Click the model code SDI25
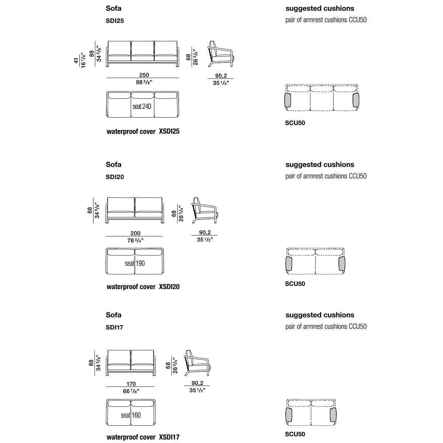(x=115, y=21)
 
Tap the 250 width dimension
(x=144, y=75)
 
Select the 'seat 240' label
(x=142, y=106)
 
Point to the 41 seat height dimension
(x=76, y=61)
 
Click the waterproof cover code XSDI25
(x=169, y=131)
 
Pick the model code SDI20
(x=115, y=177)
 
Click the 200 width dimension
(x=135, y=233)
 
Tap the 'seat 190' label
(x=135, y=263)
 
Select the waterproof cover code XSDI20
(x=169, y=287)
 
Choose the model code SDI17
(x=114, y=327)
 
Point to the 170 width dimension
(x=131, y=384)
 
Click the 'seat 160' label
(x=131, y=415)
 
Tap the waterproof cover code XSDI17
(x=169, y=437)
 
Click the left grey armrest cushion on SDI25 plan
(x=288, y=100)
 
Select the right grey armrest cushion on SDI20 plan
(x=342, y=264)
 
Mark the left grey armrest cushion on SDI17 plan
(x=289, y=415)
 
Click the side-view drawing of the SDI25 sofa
(x=221, y=54)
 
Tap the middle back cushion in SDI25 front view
(x=142, y=48)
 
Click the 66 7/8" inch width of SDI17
(x=131, y=391)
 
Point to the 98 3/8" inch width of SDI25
(x=144, y=82)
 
